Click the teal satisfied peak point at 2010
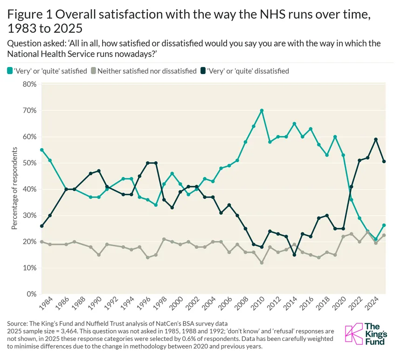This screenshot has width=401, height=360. coord(262,111)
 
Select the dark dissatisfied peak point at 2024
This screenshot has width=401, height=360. coord(376,140)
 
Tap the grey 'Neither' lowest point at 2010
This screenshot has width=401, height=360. coord(262,263)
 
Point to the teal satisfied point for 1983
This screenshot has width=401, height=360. coord(42,150)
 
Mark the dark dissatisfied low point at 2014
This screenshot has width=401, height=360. coord(294,255)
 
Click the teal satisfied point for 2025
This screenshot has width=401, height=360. coord(384,225)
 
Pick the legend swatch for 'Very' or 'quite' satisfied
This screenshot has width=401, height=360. coord(10,71)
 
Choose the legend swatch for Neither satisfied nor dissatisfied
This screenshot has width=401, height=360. coord(94,71)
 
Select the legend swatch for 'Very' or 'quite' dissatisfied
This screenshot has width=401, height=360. coord(203,71)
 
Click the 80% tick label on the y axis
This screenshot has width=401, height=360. coord(30,84)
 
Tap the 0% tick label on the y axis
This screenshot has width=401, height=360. coord(32,294)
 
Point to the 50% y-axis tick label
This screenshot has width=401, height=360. coord(30,163)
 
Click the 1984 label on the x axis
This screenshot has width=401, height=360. coord(46,303)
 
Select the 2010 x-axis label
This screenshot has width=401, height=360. coord(258,303)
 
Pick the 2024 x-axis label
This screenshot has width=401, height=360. coord(372,303)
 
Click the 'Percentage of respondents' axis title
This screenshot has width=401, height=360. coord(14,188)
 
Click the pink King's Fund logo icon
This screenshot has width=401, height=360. coord(354,333)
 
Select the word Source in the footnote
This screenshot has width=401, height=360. coord(17,324)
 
